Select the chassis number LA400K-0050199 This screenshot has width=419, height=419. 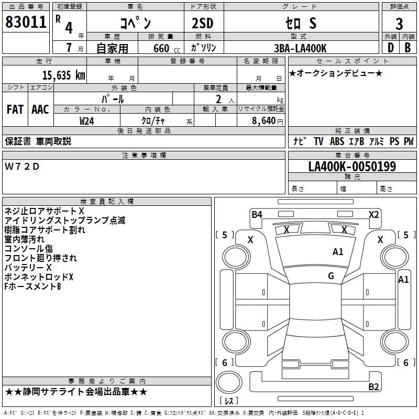click(352, 167)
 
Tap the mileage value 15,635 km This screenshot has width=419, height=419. click(63, 75)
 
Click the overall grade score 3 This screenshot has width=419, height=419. click(399, 24)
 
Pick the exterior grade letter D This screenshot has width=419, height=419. click(390, 48)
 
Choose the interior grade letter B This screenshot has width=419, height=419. click(407, 48)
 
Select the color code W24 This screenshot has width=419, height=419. click(87, 120)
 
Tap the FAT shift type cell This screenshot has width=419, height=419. click(15, 109)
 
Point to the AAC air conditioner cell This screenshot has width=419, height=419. click(40, 109)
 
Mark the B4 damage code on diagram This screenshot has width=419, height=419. click(257, 214)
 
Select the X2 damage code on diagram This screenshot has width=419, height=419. click(373, 214)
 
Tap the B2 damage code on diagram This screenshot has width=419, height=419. click(373, 387)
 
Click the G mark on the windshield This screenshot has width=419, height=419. click(331, 276)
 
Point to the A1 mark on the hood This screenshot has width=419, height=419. click(338, 252)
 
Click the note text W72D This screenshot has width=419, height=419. click(22, 167)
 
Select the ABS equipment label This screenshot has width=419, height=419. click(337, 141)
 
